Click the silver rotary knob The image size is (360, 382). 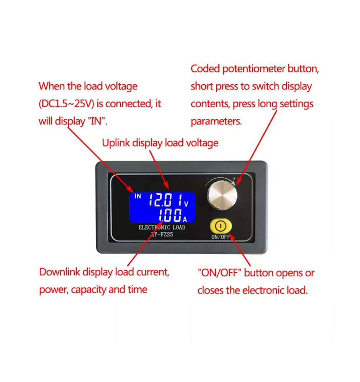point(222,198)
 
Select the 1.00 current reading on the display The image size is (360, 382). point(170,216)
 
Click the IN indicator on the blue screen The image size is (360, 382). point(137,196)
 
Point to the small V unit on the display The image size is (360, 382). point(187,204)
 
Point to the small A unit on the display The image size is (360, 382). point(185,219)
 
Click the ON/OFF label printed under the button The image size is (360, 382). point(220,237)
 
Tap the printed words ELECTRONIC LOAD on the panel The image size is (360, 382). point(162,227)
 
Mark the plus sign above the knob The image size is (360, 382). point(234,179)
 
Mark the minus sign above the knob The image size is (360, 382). point(207,179)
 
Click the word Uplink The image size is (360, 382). point(116,143)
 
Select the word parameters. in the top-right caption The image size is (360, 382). point(216,121)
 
